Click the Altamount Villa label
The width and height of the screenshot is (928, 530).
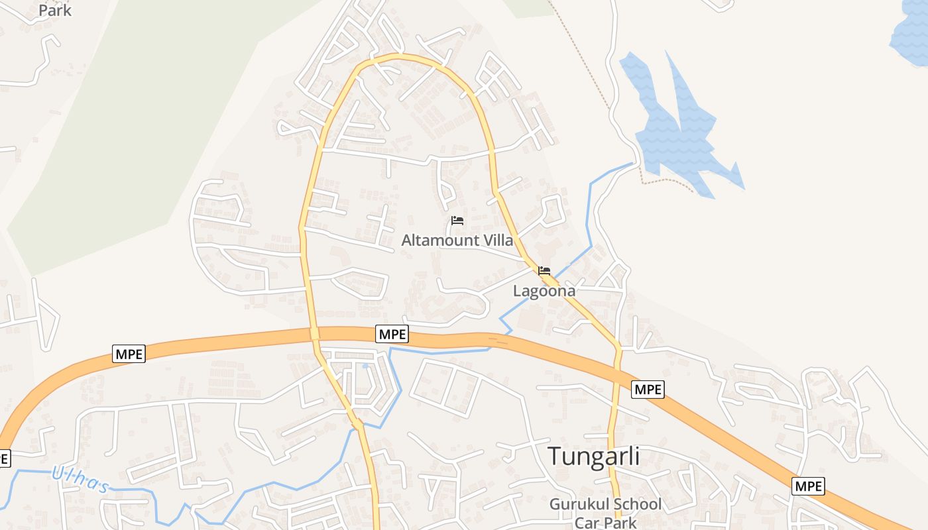[x=457, y=240]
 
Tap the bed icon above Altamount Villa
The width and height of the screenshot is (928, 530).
[x=457, y=221]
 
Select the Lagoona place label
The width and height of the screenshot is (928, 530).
[x=544, y=290]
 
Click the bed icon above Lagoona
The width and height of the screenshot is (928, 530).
[x=544, y=270]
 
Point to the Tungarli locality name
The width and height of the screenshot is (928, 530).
[x=593, y=456]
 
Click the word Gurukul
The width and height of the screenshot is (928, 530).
[x=577, y=504]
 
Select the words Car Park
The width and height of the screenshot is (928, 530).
[x=605, y=522]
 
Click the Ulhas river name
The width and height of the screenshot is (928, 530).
[x=80, y=478]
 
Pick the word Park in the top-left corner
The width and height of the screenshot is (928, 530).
[x=55, y=10]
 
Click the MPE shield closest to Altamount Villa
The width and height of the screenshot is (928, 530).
[x=392, y=334]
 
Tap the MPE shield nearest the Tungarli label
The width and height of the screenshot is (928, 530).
[x=648, y=389]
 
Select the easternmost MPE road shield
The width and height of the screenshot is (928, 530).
[x=808, y=486]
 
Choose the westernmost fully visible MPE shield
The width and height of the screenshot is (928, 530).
[x=129, y=354]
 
